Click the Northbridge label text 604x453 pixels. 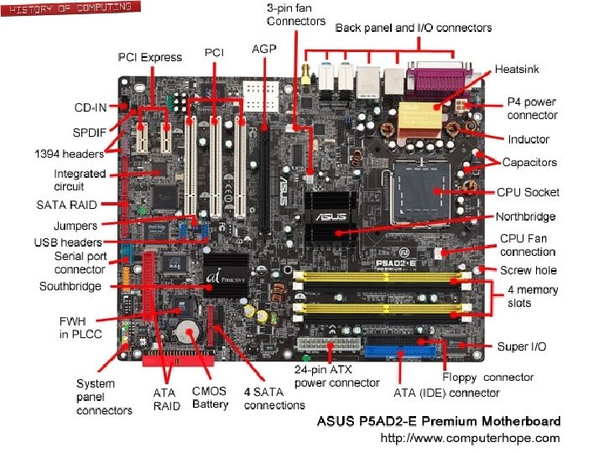coord(527,216)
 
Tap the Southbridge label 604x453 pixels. coord(70,286)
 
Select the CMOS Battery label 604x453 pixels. coord(210,398)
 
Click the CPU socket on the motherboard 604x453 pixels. coord(432,190)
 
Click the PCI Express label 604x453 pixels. coord(149,57)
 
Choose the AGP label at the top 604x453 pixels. coord(264,49)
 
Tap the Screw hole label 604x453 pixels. coord(528,270)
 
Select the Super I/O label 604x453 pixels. coord(524,346)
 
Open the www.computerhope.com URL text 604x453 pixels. coord(470,438)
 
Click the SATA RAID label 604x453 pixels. coord(66,205)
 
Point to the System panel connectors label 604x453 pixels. coord(104,397)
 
